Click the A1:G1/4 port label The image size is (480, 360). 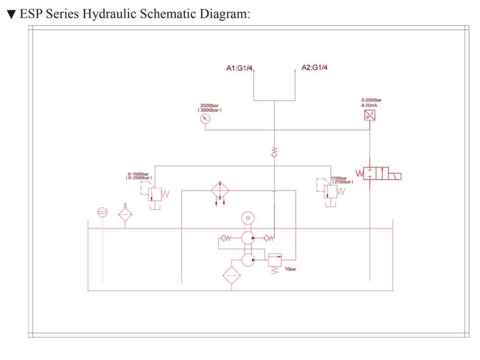(239, 68)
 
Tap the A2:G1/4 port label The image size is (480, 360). (315, 68)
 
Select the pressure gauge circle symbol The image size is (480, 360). (205, 120)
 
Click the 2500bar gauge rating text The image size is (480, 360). (210, 106)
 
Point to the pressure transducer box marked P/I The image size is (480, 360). (370, 115)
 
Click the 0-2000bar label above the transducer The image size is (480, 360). (371, 100)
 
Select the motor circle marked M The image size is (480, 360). (248, 219)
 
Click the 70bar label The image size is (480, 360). (290, 269)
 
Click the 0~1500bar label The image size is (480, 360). (138, 174)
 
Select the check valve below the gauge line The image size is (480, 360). (274, 153)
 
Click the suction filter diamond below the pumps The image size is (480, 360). (231, 276)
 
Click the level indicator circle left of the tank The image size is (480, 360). (102, 212)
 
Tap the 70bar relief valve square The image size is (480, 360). (275, 259)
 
